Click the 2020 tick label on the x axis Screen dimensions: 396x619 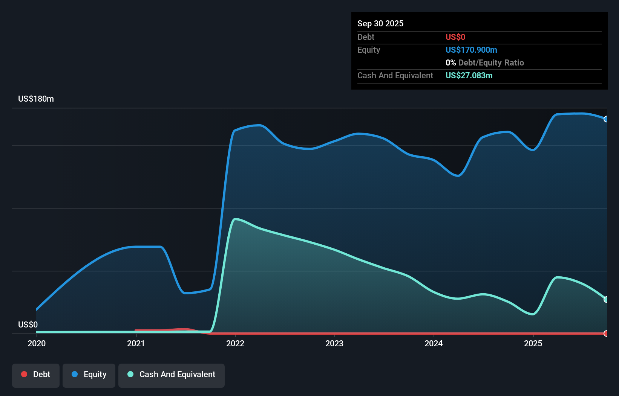tap(37, 343)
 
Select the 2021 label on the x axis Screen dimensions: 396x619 tap(136, 343)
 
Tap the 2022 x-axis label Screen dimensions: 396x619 tap(235, 343)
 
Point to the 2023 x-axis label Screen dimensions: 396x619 tap(334, 343)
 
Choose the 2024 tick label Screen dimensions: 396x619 tap(434, 343)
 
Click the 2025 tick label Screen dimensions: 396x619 tap(533, 343)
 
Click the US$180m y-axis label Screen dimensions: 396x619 tap(36, 99)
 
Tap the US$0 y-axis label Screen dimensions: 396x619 tap(28, 324)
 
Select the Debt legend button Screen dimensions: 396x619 tap(36, 375)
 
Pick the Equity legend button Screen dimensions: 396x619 tap(89, 375)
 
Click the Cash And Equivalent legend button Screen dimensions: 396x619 tap(172, 375)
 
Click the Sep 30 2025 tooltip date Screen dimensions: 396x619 tap(380, 23)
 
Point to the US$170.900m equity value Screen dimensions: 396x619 tap(471, 50)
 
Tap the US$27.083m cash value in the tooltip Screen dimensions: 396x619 tap(469, 75)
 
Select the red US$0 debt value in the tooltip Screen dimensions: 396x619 tap(455, 37)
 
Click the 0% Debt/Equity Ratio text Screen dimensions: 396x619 tap(484, 62)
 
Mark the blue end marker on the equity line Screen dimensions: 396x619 tap(606, 119)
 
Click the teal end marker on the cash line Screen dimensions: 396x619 tap(606, 300)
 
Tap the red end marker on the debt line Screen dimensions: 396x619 tap(606, 334)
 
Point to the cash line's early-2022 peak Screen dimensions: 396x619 tap(235, 219)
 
